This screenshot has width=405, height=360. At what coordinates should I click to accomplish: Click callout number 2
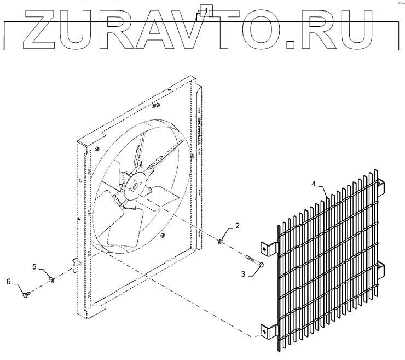coord(238,225)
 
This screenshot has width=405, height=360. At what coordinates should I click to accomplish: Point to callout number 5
coord(34,267)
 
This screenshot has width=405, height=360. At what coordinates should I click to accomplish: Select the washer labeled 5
coord(51,281)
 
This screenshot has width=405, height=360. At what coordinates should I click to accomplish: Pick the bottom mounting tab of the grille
coord(267,330)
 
